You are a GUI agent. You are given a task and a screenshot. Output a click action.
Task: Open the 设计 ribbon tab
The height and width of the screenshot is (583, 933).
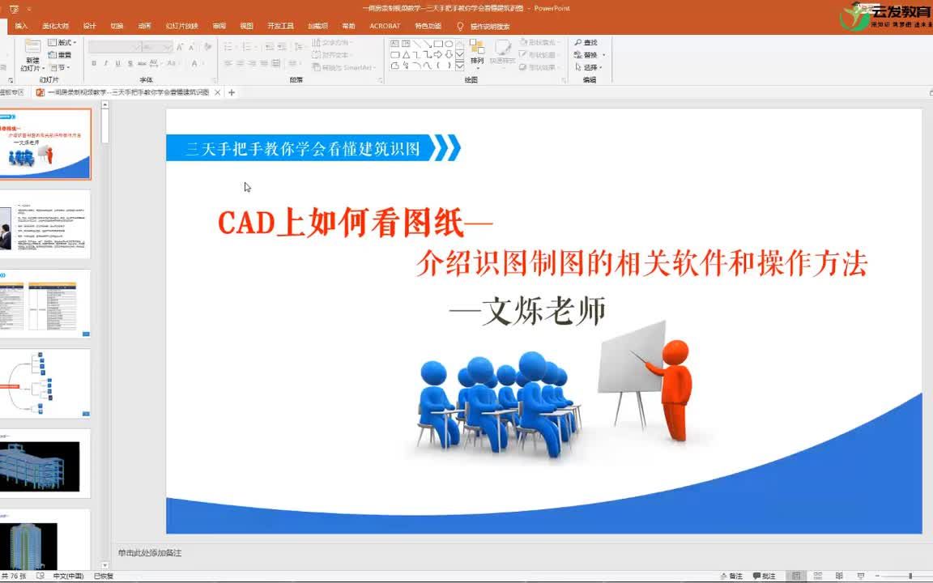[89, 26]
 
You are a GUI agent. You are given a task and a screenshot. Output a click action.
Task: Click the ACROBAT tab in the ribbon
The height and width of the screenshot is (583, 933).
[385, 26]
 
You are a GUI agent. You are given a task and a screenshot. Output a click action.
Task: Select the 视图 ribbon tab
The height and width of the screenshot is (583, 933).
[246, 26]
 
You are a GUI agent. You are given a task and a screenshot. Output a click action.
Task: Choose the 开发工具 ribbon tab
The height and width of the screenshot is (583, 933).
[280, 26]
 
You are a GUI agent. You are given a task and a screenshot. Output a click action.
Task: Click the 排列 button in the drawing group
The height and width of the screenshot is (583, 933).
[477, 53]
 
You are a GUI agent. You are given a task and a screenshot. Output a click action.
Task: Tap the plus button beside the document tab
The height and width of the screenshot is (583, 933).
[232, 92]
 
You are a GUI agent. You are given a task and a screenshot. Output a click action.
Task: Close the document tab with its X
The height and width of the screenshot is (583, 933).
[217, 92]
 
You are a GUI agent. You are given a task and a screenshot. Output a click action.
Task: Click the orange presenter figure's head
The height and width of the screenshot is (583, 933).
[675, 352]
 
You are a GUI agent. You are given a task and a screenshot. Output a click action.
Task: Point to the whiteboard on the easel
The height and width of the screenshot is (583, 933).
[632, 356]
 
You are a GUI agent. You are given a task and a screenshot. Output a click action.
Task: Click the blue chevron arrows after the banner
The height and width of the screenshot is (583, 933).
[445, 147]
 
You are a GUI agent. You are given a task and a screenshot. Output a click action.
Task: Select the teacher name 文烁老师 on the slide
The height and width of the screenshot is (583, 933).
[543, 312]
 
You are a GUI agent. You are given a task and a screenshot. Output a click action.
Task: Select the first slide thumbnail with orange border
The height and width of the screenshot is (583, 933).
[45, 144]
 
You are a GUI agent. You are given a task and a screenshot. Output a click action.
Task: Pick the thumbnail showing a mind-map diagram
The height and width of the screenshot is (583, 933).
[45, 384]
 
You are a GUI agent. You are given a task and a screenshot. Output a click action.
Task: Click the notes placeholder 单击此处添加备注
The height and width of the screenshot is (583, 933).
[150, 553]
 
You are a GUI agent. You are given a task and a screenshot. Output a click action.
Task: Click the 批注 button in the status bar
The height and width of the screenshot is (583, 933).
[764, 576]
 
